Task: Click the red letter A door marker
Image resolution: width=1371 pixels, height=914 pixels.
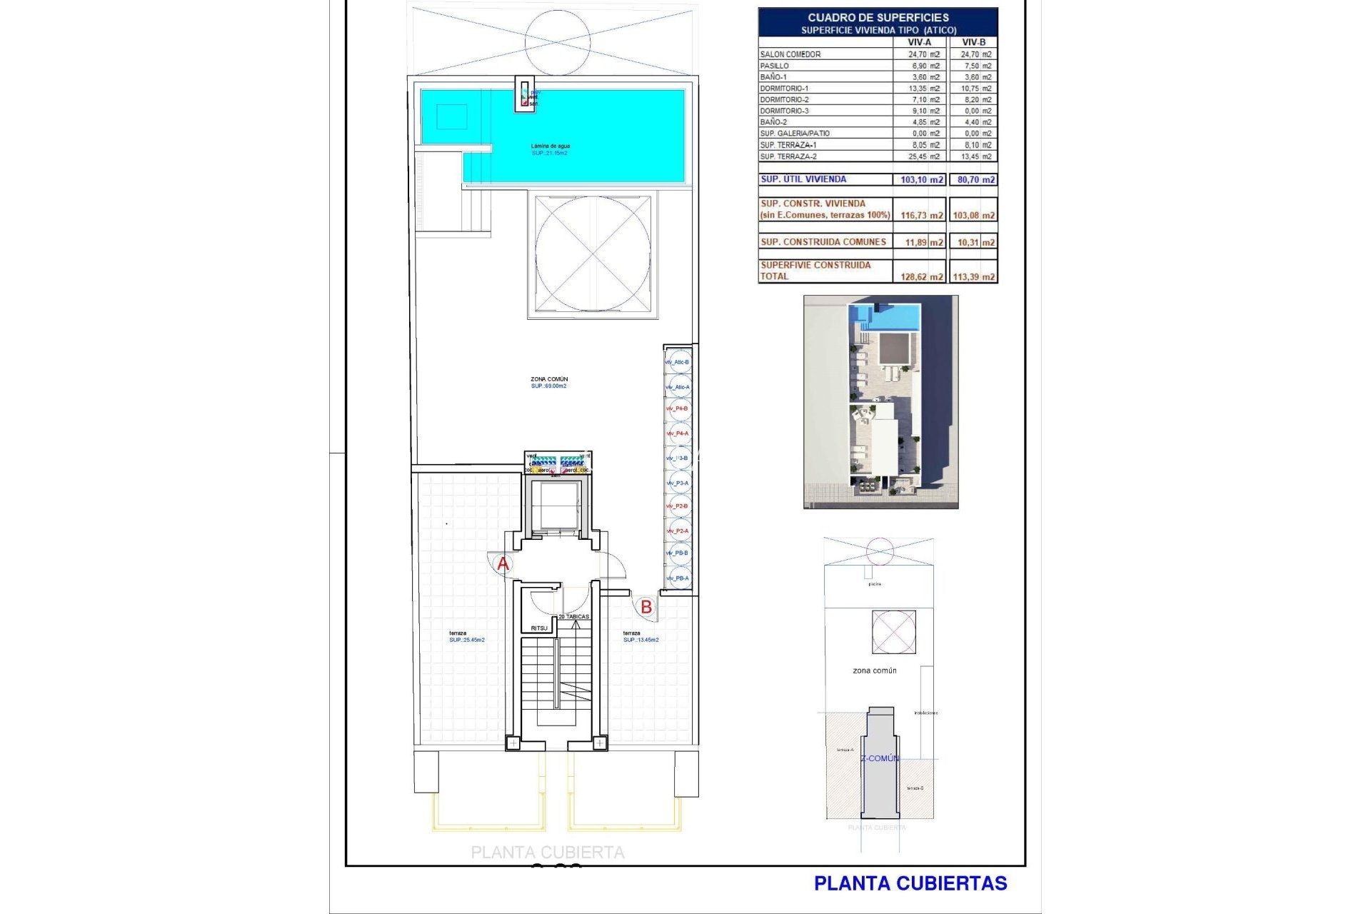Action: [x=503, y=564]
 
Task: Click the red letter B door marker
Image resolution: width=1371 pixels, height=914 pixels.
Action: [x=646, y=607]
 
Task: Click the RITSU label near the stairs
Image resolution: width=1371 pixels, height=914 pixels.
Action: [x=539, y=628]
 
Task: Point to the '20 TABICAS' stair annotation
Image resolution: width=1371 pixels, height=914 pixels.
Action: [x=573, y=616]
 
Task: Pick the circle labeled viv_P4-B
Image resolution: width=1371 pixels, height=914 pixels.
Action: [x=678, y=408]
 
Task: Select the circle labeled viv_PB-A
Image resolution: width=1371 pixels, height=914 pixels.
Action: [x=678, y=578]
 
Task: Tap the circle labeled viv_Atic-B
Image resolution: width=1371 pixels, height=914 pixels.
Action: [x=678, y=362]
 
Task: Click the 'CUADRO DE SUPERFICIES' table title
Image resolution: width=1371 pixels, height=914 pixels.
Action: [x=878, y=17]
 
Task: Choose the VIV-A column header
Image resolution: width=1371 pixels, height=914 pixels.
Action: [x=919, y=42]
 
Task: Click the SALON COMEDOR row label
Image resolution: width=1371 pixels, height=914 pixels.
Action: [x=790, y=54]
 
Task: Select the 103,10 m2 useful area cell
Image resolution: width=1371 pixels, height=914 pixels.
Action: [x=921, y=179]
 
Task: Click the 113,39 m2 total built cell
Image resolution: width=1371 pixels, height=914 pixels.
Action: [x=973, y=276]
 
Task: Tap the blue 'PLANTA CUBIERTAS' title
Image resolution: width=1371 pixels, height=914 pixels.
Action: [x=910, y=883]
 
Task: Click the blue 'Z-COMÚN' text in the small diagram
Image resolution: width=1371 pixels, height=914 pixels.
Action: [x=880, y=758]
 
